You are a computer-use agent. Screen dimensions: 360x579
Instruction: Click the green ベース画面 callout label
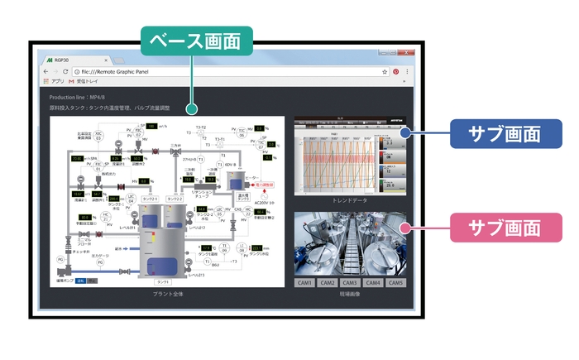click(196, 40)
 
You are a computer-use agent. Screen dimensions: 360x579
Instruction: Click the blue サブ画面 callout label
click(505, 134)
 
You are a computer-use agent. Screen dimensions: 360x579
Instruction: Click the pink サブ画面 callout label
click(505, 227)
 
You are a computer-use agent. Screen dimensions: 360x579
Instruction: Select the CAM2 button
click(327, 283)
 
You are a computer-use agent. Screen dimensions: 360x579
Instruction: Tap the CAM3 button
click(350, 283)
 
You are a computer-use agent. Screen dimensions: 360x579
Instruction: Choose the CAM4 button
click(373, 283)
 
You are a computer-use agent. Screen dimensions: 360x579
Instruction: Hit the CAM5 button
click(396, 283)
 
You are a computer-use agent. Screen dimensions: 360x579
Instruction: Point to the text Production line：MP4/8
click(75, 97)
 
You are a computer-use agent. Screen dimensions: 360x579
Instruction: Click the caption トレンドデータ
click(351, 200)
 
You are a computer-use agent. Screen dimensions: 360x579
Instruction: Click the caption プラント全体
click(168, 294)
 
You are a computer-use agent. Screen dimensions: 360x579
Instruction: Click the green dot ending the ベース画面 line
click(192, 109)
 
